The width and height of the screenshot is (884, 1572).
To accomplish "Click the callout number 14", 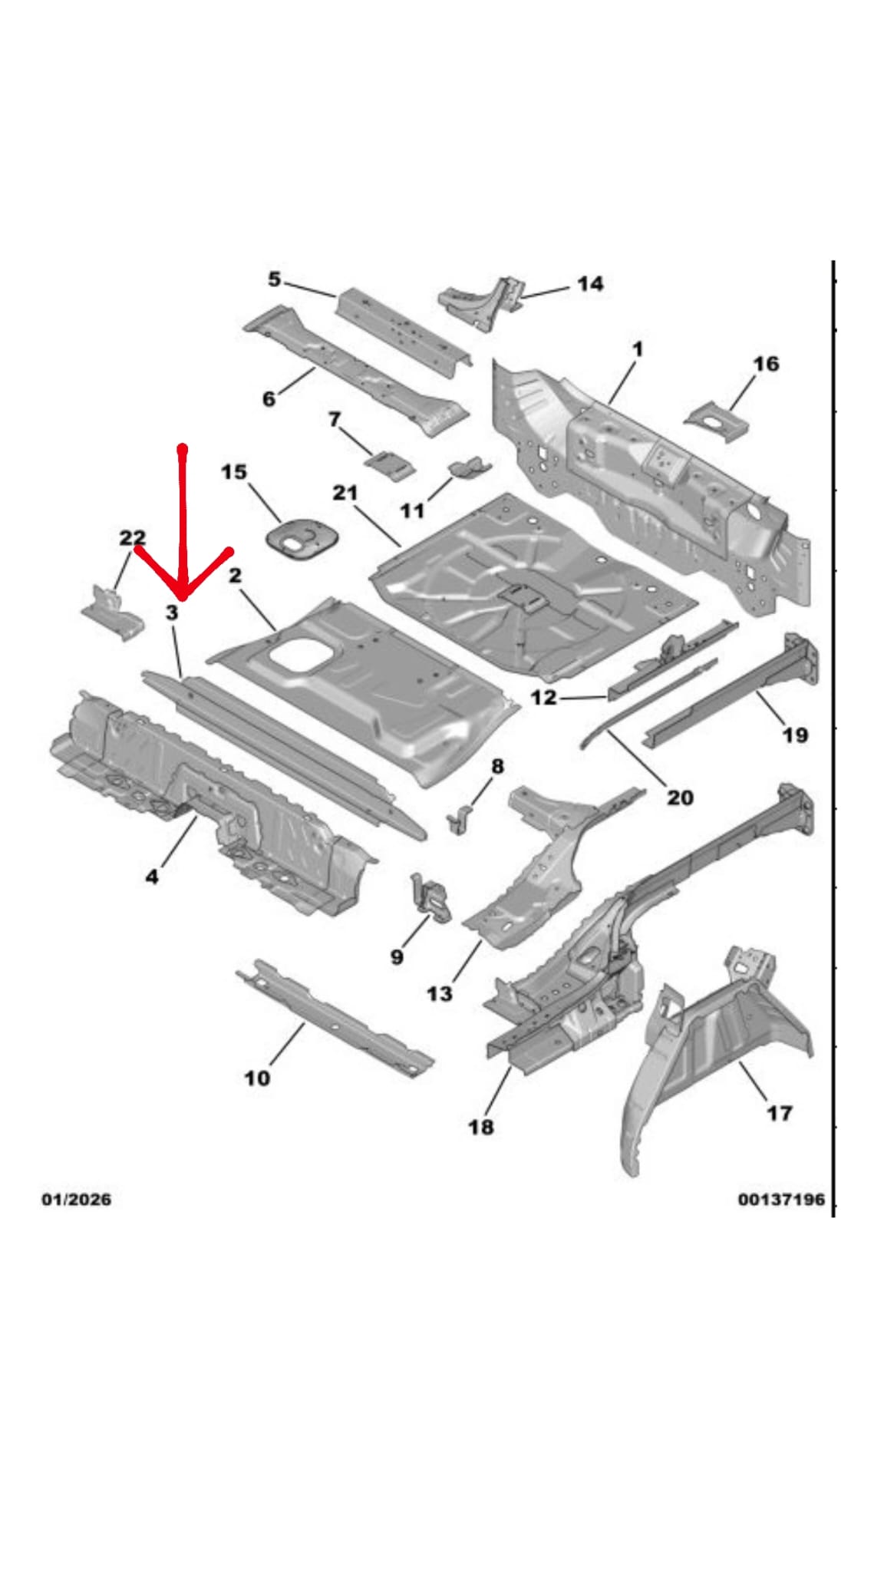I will pyautogui.click(x=589, y=284).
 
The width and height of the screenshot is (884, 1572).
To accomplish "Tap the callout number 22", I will pyautogui.click(x=132, y=538).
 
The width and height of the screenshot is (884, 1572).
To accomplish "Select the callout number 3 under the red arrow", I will pyautogui.click(x=172, y=613).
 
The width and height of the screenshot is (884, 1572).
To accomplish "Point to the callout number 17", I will pyautogui.click(x=779, y=1112).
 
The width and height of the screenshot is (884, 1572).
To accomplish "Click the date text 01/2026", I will pyautogui.click(x=76, y=1199).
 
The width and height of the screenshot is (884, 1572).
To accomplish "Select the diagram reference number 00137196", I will pyautogui.click(x=781, y=1199).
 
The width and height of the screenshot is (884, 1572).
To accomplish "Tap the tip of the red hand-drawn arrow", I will pyautogui.click(x=183, y=596).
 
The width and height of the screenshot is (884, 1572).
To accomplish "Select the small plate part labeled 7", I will pyautogui.click(x=389, y=464).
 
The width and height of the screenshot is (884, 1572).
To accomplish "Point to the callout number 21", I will pyautogui.click(x=345, y=492).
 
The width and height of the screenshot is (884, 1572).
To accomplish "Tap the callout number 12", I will pyautogui.click(x=543, y=698).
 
